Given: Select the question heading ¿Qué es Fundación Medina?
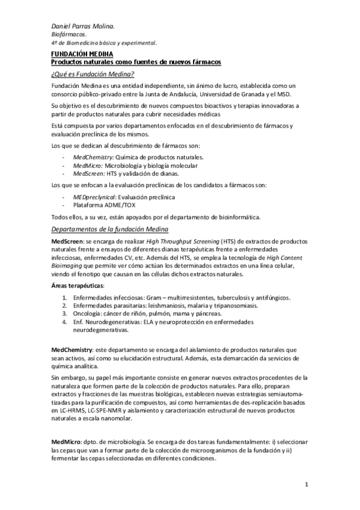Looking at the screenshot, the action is point(92,73).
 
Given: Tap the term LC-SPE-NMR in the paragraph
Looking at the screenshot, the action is point(105,410).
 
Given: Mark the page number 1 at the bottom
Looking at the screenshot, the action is point(306,484).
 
